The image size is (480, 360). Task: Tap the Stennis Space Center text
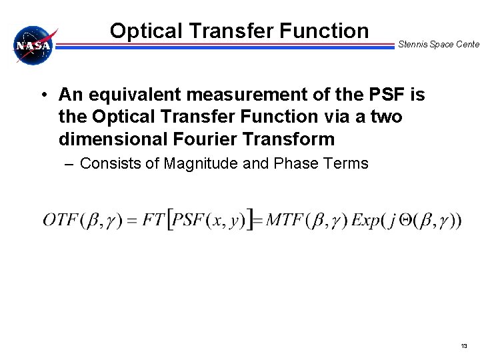(438, 45)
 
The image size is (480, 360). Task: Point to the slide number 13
(464, 346)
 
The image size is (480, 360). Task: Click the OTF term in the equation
(61, 220)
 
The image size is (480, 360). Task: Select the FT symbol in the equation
(153, 220)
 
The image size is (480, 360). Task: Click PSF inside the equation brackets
(191, 220)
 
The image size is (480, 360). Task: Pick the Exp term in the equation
(365, 220)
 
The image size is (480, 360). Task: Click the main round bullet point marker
(42, 95)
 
